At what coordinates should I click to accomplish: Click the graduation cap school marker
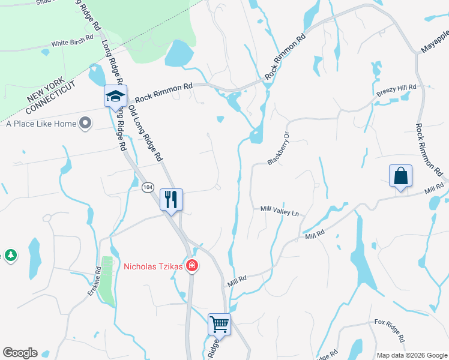click(115, 96)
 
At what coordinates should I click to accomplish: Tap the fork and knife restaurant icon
click(171, 199)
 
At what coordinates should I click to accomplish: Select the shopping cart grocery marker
click(219, 324)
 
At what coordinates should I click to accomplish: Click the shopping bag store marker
click(400, 176)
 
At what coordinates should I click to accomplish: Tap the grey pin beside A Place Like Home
click(85, 124)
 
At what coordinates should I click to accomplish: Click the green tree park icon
click(10, 256)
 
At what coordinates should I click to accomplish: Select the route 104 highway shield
click(148, 188)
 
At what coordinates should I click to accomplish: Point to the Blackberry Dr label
click(279, 149)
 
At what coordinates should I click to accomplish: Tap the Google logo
click(20, 353)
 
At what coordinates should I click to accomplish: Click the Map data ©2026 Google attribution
click(411, 355)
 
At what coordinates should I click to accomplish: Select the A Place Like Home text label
click(41, 124)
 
